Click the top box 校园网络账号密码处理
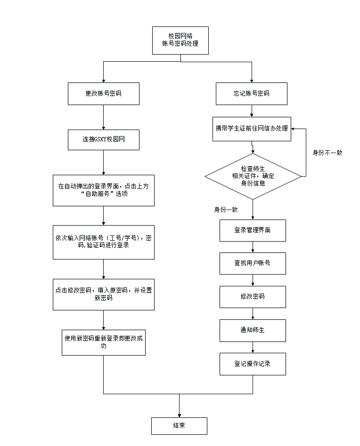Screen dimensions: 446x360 coord(180,40)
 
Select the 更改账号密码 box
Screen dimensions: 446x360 coord(103,94)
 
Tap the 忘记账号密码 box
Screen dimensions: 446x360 coord(252,94)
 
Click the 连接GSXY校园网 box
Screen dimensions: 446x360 coord(103,139)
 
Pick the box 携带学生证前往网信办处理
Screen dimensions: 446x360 coord(252,129)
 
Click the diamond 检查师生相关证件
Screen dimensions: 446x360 coord(253,176)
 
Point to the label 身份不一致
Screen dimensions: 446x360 coord(327,153)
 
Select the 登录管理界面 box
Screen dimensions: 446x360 coord(253,230)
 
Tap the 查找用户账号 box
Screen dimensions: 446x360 coord(253,263)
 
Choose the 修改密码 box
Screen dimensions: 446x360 coord(253,297)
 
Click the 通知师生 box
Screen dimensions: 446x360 coord(253,330)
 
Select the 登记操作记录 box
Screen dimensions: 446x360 coord(253,364)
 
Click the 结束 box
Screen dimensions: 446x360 coord(179,426)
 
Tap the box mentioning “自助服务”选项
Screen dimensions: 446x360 coord(103,190)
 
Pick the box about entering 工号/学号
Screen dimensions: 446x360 coord(103,242)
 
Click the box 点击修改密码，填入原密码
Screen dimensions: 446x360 coord(103,294)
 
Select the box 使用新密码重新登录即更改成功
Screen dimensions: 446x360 coord(103,342)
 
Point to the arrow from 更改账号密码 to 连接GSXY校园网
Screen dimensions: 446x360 coord(103,117)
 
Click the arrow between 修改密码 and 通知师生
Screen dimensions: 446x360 coord(253,314)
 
